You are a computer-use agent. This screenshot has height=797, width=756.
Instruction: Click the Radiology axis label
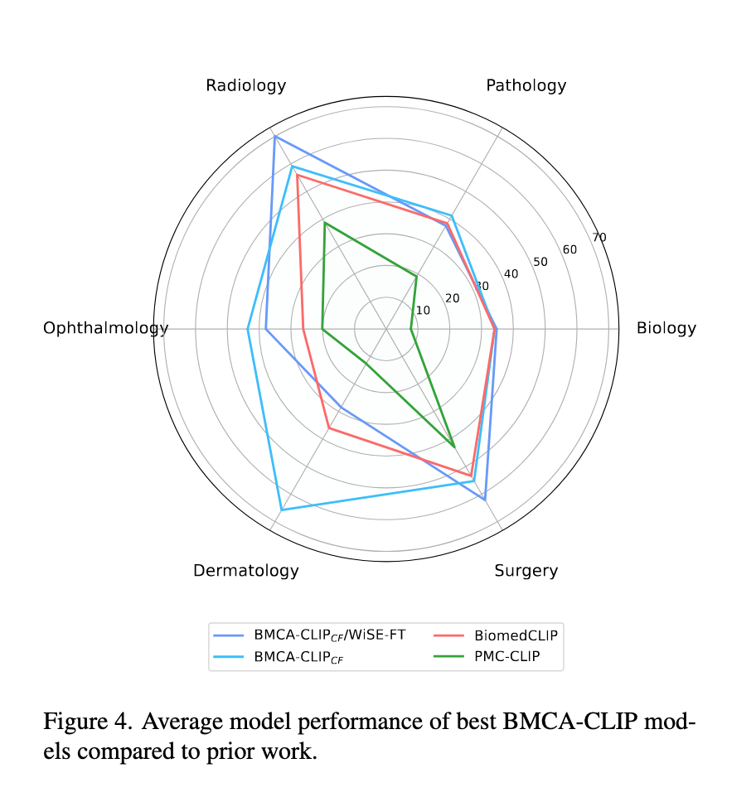pyautogui.click(x=246, y=85)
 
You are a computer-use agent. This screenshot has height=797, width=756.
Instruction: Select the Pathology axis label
pyautogui.click(x=526, y=85)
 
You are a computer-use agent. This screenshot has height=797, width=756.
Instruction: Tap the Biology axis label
pyautogui.click(x=666, y=328)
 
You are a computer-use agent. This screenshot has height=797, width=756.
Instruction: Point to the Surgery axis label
pyautogui.click(x=526, y=571)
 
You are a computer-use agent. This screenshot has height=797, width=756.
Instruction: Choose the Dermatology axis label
pyautogui.click(x=246, y=571)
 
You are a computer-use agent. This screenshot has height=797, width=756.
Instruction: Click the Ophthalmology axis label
pyautogui.click(x=105, y=329)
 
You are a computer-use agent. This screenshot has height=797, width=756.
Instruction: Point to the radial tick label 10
pyautogui.click(x=423, y=311)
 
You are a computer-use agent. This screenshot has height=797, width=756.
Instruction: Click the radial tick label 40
pyautogui.click(x=511, y=274)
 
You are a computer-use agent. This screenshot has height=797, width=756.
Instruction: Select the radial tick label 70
pyautogui.click(x=599, y=238)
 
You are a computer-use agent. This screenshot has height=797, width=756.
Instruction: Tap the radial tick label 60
pyautogui.click(x=569, y=250)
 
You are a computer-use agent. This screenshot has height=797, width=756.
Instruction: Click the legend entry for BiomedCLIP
pyautogui.click(x=516, y=636)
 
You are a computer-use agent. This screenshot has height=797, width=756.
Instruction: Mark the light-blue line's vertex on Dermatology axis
pyautogui.click(x=282, y=510)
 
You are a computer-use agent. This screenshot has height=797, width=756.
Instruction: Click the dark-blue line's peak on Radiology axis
pyautogui.click(x=274, y=136)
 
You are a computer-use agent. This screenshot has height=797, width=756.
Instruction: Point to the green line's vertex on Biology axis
pyautogui.click(x=410, y=329)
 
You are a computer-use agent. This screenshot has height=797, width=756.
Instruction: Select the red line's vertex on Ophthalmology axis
pyautogui.click(x=303, y=329)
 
